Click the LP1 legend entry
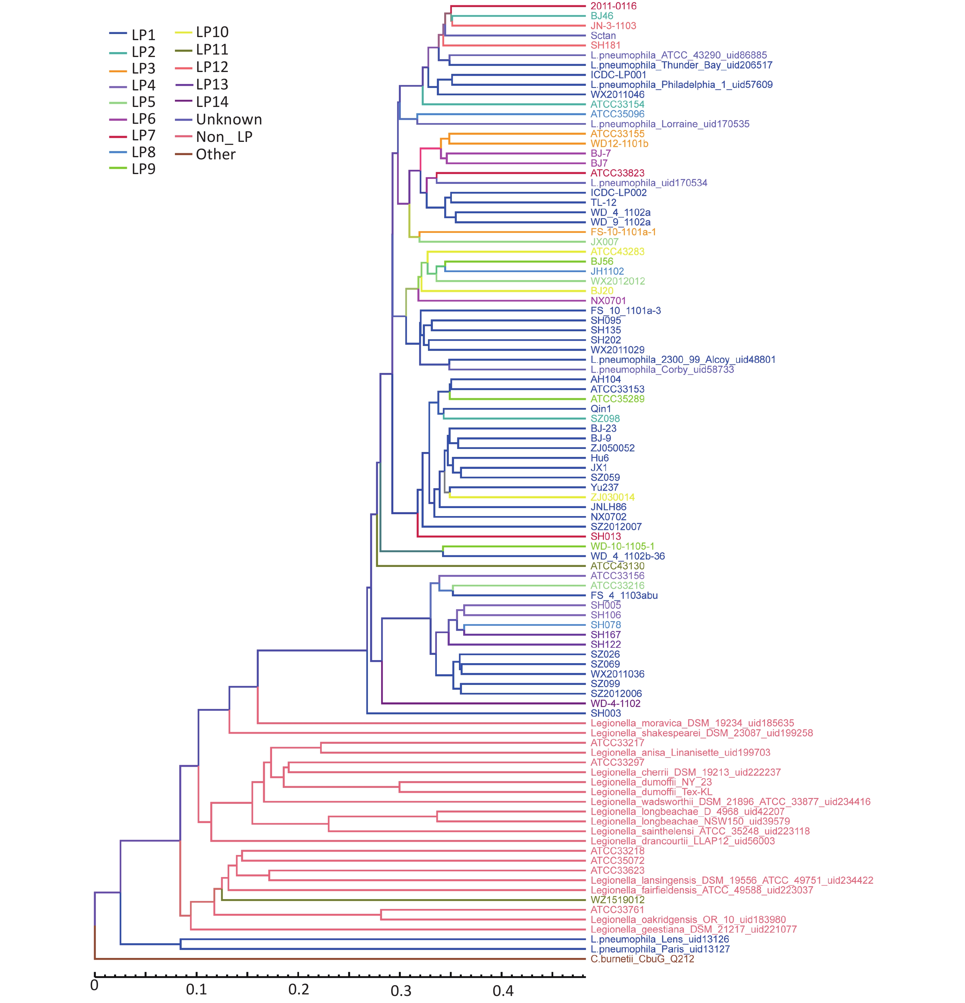click(132, 35)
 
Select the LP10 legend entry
click(202, 32)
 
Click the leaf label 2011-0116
click(614, 6)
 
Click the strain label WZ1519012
click(618, 900)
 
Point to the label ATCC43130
click(618, 566)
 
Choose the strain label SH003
click(606, 713)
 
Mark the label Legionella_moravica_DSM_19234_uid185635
click(692, 723)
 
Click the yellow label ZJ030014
click(612, 497)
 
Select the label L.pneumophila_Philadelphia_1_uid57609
click(682, 85)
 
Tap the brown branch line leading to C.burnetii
click(340, 959)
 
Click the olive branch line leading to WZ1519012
click(403, 900)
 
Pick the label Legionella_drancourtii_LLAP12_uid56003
click(683, 841)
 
